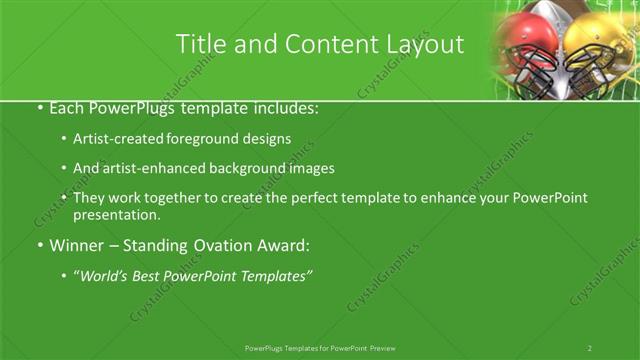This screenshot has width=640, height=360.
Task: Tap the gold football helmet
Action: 599,50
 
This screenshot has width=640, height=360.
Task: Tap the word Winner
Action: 66,245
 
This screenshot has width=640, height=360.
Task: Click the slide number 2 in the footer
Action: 589,348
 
